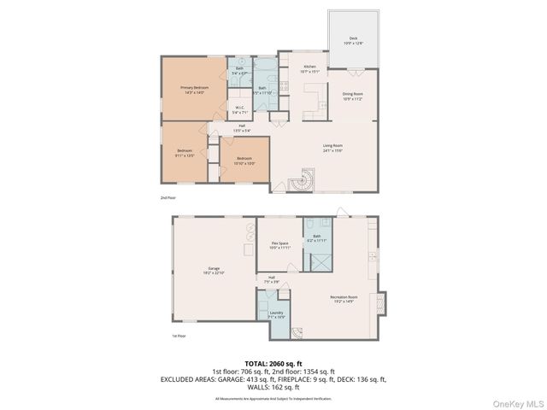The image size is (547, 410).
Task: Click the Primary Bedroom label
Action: [x=194, y=90]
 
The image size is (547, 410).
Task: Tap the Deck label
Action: [x=352, y=42]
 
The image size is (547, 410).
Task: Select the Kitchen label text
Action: [x=309, y=69]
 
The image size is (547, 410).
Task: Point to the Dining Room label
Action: [x=353, y=97]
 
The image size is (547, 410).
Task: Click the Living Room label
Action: [x=332, y=148]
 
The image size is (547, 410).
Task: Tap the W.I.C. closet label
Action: [x=240, y=109]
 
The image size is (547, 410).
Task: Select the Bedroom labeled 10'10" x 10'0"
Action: [x=244, y=161]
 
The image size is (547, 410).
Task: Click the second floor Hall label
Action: [x=242, y=128]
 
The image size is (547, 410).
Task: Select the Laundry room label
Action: [x=276, y=315]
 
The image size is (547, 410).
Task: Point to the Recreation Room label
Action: [x=344, y=300]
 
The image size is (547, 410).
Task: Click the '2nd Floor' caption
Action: [x=168, y=197]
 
